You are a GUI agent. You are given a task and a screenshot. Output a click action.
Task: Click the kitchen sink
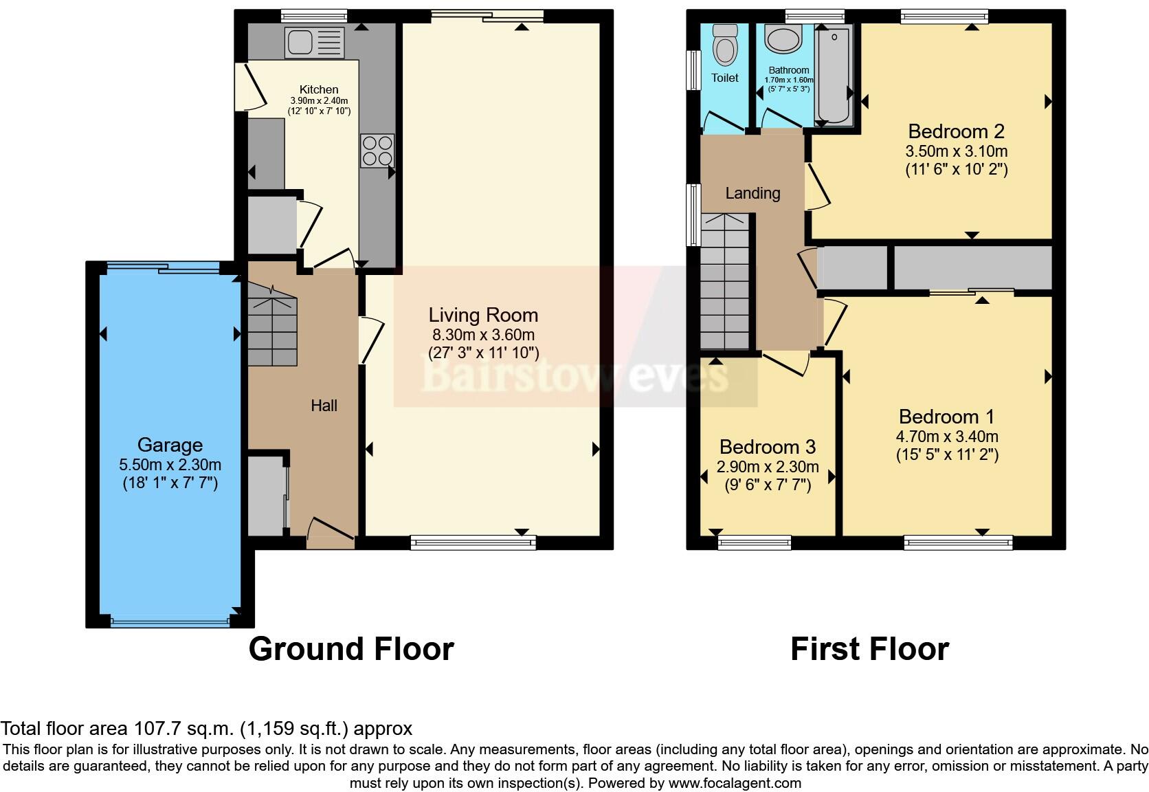tap(315, 42)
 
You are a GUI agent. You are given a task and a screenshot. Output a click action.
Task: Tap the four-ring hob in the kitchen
tap(377, 151)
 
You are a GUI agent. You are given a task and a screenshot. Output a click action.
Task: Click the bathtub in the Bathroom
tap(834, 76)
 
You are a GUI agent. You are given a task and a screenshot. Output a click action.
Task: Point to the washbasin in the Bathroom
tap(783, 38)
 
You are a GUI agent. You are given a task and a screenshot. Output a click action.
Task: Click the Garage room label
tap(170, 445)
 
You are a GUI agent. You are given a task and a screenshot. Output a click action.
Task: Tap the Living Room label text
tap(483, 315)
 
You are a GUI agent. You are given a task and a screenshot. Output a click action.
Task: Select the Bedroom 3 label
tap(768, 447)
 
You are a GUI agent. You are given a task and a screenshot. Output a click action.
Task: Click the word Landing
tap(752, 193)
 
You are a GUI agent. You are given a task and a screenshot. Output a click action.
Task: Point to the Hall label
tap(324, 406)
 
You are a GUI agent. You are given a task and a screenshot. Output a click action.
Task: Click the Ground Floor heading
tap(351, 649)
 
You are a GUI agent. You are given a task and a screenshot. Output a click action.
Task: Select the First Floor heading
tap(870, 649)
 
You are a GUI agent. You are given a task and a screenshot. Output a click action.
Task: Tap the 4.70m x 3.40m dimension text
tap(947, 437)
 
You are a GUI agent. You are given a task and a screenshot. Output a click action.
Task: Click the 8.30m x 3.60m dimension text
tap(483, 335)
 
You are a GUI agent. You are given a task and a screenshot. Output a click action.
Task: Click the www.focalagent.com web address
tap(735, 783)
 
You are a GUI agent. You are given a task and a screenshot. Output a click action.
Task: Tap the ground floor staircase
tap(272, 325)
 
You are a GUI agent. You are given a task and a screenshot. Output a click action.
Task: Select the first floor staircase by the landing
tap(725, 281)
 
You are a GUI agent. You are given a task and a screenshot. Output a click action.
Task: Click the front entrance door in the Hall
tap(331, 533)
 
